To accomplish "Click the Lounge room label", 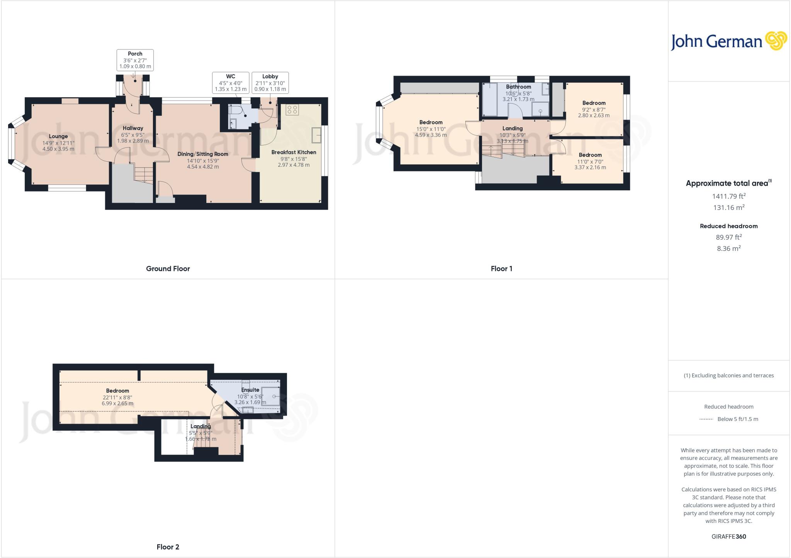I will (58, 136).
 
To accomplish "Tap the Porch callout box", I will (135, 60).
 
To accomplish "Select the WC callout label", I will (231, 83).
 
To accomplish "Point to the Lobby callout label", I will (270, 83).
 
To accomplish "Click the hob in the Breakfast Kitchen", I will (292, 110).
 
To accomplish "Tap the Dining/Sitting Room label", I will (203, 154).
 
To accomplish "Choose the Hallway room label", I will (133, 128).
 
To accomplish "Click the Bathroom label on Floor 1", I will (518, 87).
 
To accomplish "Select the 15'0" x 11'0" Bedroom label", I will (431, 122).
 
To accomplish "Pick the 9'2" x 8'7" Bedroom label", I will (594, 103).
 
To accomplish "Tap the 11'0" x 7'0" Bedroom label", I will (590, 155).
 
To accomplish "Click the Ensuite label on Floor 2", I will (250, 390).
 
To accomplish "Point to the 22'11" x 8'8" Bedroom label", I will (118, 391).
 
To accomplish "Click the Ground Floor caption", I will (168, 269).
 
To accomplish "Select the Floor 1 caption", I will (501, 269).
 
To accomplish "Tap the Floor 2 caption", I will (168, 547).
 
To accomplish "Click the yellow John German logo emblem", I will (776, 41).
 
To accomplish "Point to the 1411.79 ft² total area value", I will (728, 196).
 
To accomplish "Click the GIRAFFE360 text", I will (728, 536).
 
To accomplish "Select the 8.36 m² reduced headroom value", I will (728, 249).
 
